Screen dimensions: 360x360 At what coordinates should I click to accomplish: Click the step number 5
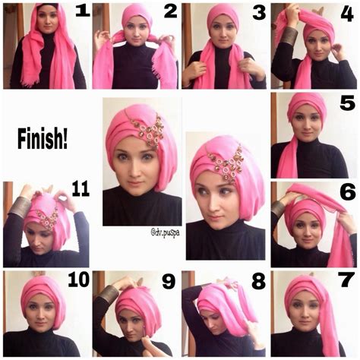(x=348, y=103)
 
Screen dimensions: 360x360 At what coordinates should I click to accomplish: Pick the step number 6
(x=348, y=192)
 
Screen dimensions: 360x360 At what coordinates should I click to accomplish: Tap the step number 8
(x=258, y=282)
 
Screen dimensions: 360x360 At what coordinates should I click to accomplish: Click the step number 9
(x=169, y=282)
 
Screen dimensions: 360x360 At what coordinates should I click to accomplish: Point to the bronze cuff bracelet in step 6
(x=278, y=207)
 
